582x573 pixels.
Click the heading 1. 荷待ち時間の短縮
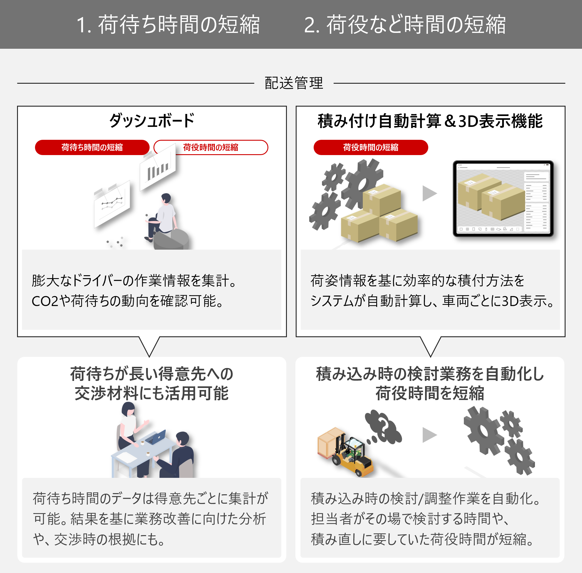168,24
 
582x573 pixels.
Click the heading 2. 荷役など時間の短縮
404,24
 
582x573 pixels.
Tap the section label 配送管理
294,83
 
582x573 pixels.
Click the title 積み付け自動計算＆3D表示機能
430,121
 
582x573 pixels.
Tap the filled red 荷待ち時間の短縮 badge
92,147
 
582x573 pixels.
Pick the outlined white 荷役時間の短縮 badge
211,147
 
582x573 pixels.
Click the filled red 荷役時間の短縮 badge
371,147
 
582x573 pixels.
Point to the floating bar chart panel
158,167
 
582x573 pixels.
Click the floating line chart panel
112,204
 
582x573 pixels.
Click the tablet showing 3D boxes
503,199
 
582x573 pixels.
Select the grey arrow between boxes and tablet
429,193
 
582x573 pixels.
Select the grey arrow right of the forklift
429,435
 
